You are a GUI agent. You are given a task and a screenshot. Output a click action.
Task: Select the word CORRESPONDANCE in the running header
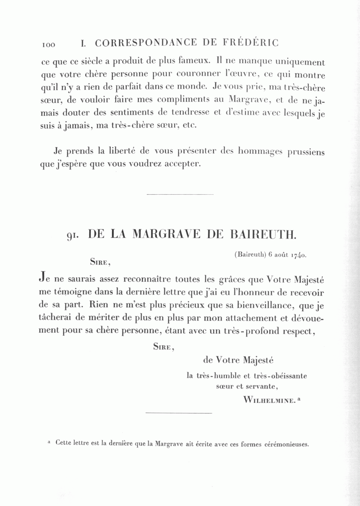(146, 43)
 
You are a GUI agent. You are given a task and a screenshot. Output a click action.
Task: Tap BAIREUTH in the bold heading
(264, 235)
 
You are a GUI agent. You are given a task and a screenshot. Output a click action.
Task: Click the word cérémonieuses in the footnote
(287, 444)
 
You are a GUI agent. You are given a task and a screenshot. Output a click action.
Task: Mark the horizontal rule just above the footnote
(178, 412)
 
